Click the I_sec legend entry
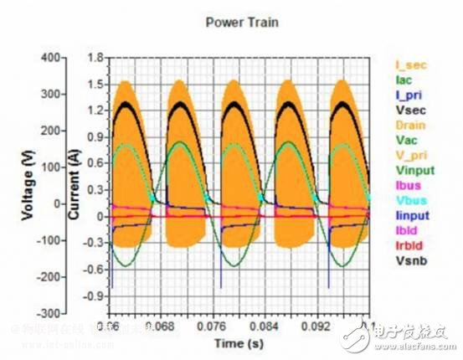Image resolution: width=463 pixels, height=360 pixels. tap(409, 64)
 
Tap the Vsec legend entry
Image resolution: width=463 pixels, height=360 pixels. tap(408, 109)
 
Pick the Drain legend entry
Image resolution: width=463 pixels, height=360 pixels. tap(409, 124)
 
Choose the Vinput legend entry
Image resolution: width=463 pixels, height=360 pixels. tap(411, 170)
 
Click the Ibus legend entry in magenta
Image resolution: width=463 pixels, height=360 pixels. tap(406, 185)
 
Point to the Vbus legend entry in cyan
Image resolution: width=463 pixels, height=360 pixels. tap(407, 200)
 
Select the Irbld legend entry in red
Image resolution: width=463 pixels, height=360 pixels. tap(407, 245)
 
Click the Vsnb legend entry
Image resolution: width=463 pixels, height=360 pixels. tap(408, 260)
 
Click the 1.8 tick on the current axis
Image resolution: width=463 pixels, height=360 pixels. tap(94, 58)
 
